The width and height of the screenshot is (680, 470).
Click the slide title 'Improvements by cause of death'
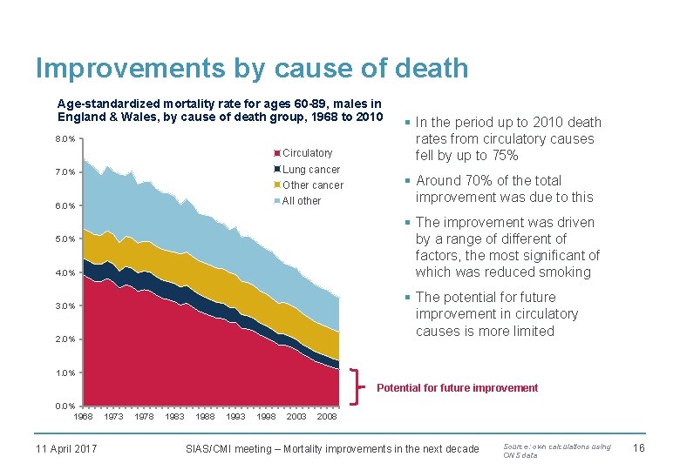252,68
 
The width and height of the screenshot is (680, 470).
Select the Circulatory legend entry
307,153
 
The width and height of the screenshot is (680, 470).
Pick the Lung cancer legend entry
310,169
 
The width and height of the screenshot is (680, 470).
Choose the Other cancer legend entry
312,185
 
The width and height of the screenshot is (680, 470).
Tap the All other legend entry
302,201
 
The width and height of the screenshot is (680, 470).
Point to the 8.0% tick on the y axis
65,138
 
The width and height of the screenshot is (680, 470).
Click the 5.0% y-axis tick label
65,239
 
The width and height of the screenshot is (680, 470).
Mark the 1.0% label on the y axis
65,373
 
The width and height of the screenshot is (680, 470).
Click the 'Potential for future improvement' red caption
457,388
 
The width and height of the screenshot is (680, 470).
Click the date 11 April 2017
66,449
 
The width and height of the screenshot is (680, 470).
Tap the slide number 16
637,448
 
